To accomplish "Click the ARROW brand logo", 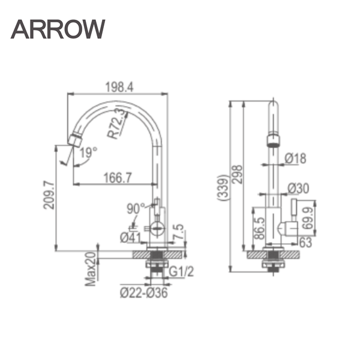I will [x=58, y=28].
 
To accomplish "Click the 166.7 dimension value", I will [x=118, y=178].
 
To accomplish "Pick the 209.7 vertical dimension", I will [x=49, y=195].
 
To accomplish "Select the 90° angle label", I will [x=135, y=208].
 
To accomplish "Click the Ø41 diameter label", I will [x=130, y=236].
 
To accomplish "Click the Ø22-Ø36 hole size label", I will [x=143, y=293].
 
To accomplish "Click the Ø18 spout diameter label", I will [x=296, y=158].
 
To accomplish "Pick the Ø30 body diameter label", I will [x=298, y=188].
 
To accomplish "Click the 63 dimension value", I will [x=305, y=242].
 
